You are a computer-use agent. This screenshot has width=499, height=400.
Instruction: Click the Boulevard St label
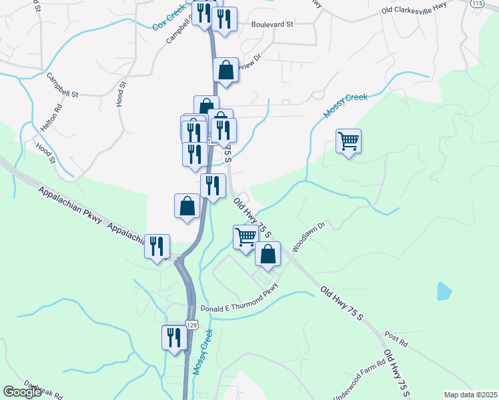pos(272,25)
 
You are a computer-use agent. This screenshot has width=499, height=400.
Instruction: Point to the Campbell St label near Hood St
pos(62,86)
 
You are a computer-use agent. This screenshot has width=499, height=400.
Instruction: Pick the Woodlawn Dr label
pos(308,236)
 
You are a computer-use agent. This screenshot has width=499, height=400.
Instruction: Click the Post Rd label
pos(396,339)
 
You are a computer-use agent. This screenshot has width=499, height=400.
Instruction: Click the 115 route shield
pos(476,3)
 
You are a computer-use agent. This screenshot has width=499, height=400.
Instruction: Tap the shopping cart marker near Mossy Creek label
pos(348,141)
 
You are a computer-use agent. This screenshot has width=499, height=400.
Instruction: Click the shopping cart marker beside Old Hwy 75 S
pos(245,237)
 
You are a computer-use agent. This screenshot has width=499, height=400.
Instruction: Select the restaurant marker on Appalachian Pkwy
pos(157,247)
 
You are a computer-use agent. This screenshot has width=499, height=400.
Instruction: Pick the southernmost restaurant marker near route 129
pos(173,337)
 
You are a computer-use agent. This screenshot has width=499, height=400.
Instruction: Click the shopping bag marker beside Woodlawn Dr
pos(268,254)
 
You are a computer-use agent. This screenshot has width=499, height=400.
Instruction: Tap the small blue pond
pos(443,291)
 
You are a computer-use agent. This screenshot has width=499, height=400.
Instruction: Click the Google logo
pos(23,392)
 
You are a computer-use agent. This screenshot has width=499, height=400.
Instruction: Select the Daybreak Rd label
pos(41,387)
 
